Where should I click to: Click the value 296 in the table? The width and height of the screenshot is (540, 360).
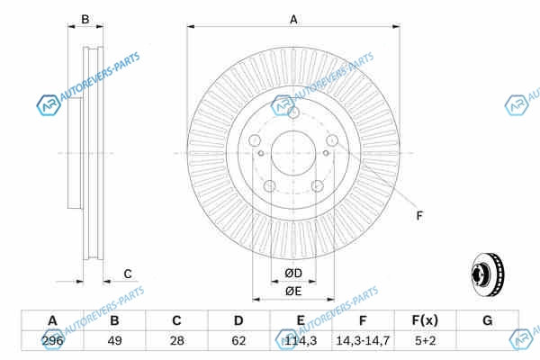pos(52,342)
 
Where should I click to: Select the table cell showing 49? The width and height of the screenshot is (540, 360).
pos(114,342)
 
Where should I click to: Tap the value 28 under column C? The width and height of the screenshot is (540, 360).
pos(176,342)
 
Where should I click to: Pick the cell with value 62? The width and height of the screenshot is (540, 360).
pos(238,342)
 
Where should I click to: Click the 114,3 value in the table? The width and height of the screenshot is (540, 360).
pos(301,342)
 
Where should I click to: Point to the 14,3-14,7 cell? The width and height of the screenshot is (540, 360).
pos(363,342)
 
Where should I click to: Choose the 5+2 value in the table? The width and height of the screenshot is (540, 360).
pos(425,342)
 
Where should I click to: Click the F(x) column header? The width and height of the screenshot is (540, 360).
pos(425,321)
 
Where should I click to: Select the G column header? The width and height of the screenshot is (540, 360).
pos(487,321)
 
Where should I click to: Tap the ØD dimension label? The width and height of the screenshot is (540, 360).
pos(293,273)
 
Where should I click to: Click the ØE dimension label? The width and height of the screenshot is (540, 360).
pos(293,291)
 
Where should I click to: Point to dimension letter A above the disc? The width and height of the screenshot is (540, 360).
pos(293,19)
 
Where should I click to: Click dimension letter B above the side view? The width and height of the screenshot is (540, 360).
pos(85,19)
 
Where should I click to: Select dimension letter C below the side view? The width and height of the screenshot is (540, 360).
pos(128,274)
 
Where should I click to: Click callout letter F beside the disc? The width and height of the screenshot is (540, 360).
pos(419,214)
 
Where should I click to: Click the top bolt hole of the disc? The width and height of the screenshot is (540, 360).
pos(293,112)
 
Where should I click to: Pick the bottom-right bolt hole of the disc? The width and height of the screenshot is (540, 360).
pos(317,185)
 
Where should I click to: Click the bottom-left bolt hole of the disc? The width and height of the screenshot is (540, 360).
pos(269,185)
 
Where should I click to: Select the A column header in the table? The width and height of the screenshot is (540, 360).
pos(52,321)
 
